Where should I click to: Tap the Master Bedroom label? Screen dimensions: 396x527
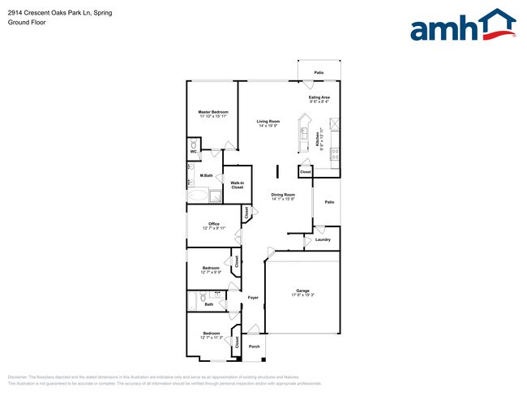213,112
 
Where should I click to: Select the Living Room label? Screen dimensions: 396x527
268,122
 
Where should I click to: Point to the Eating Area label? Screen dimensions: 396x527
319,97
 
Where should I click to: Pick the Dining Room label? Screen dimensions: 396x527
283,195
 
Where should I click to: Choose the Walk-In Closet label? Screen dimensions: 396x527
238,185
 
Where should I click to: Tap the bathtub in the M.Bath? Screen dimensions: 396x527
199,196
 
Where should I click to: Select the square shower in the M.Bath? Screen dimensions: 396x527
216,196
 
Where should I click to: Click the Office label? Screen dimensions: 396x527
214,224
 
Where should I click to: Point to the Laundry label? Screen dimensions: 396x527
323,239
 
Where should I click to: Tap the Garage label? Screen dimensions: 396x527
303,291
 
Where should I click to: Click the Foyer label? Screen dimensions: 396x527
253,298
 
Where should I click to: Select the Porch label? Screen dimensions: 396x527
255,346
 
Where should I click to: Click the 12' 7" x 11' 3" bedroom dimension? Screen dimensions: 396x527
211,338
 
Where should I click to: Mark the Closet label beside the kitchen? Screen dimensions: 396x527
305,172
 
